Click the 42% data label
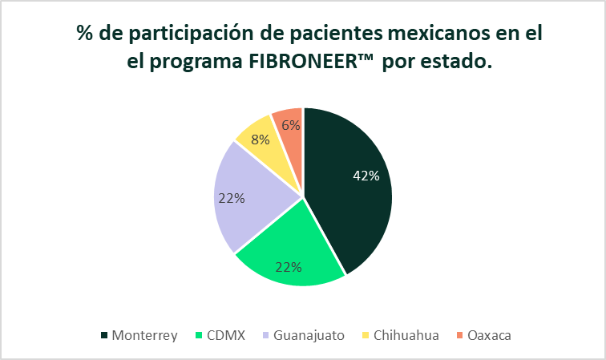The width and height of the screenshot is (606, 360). click(366, 176)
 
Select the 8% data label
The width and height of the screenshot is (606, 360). click(260, 140)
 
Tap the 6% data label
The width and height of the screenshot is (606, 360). click(291, 125)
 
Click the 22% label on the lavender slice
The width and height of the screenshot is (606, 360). click(232, 198)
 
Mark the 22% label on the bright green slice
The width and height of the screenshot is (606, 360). click(289, 267)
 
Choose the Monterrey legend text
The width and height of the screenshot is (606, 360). click(144, 335)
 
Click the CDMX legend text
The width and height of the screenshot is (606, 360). click(226, 335)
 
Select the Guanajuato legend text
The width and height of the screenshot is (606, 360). click(309, 335)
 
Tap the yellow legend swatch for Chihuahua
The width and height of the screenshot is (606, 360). click(366, 335)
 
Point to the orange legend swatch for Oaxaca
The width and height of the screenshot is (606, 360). click(459, 335)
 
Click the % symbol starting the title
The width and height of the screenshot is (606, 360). click(85, 33)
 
